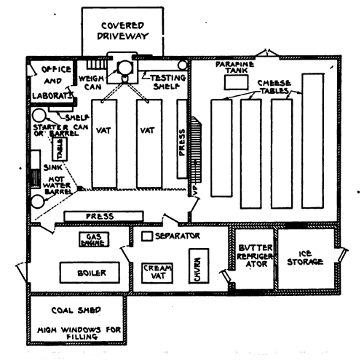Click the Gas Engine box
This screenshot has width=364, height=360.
click(92, 239)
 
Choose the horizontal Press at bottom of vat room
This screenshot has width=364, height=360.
click(104, 216)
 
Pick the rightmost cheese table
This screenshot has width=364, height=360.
click(312, 140)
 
